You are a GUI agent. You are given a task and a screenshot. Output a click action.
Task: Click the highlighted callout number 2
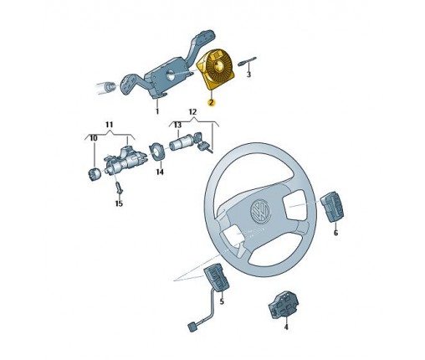tap(212, 103)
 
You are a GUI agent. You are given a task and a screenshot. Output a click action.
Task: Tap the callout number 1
tap(157, 111)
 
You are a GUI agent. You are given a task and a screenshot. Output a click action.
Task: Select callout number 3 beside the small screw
tap(248, 75)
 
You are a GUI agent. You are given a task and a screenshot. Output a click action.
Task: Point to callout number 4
tap(286, 327)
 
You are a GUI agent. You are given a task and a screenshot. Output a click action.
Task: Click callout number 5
tap(222, 301)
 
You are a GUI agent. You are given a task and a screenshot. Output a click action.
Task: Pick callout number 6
tap(335, 233)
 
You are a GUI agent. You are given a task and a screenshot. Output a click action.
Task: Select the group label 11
tap(109, 125)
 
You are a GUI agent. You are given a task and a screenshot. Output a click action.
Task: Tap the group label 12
tap(192, 112)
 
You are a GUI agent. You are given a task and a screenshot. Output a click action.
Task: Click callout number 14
tap(160, 172)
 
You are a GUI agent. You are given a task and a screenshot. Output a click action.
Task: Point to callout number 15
tap(119, 203)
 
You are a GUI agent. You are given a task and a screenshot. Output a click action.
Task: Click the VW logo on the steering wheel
tap(261, 212)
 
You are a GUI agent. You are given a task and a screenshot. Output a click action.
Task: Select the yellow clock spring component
tap(216, 69)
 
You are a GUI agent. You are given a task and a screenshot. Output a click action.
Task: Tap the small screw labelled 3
tap(247, 61)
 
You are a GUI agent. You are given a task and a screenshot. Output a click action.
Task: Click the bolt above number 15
tap(119, 188)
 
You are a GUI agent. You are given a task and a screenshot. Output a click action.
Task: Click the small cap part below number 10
tap(94, 174)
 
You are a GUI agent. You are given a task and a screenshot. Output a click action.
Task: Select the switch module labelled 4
tap(284, 305)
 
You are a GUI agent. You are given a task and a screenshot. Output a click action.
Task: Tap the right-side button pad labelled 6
tap(332, 207)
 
